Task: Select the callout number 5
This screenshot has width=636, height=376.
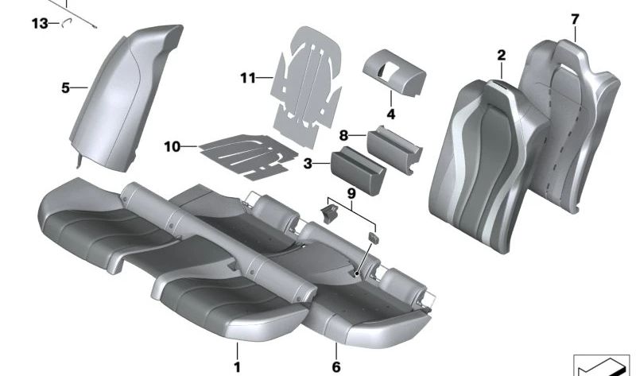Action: (66, 88)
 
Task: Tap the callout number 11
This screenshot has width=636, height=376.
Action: (247, 78)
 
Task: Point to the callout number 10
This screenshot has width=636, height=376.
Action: (173, 146)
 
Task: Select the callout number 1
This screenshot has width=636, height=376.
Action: (236, 367)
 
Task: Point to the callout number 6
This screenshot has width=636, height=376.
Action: (336, 367)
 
